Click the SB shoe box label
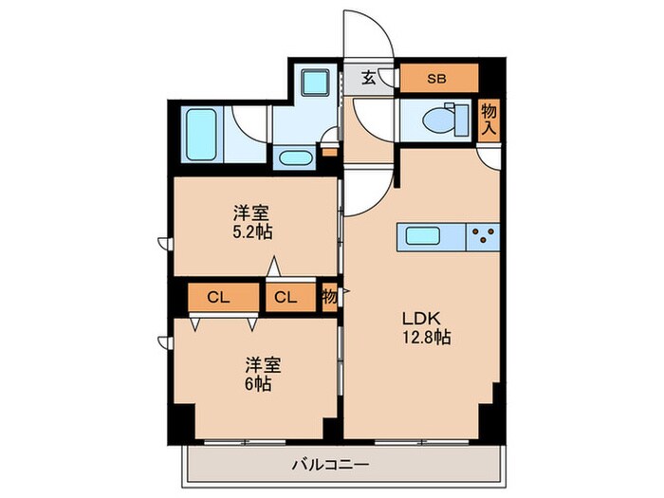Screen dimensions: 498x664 437,78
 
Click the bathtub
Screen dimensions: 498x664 201,134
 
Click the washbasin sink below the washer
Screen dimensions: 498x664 299,157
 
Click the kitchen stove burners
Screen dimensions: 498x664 485,235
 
